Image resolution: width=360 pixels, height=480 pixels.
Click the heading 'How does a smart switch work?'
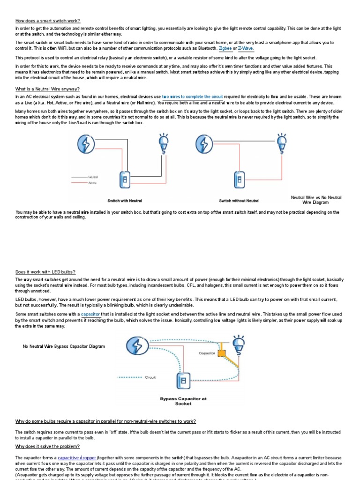point(48,21)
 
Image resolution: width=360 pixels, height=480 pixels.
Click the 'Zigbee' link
point(225,48)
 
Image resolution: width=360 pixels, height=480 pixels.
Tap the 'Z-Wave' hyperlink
point(246,48)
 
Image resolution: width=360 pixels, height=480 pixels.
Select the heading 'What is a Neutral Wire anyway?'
point(47,89)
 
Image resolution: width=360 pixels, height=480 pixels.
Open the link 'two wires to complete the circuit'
point(192,96)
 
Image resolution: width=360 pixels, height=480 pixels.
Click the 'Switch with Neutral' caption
point(124,201)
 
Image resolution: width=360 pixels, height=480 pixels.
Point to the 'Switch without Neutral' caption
point(239,201)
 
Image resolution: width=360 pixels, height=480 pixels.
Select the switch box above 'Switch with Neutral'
point(125,180)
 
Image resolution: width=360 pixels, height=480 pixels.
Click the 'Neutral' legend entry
point(93,177)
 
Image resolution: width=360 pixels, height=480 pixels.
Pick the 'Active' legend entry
point(92,182)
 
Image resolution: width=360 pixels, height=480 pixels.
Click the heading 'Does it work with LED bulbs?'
point(45,272)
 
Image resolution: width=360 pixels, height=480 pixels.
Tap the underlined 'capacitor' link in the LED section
point(90,314)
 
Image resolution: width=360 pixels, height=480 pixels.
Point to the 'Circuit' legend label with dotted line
point(150,377)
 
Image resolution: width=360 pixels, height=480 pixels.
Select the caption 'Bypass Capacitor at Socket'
point(183,401)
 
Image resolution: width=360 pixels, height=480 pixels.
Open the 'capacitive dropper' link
point(77,458)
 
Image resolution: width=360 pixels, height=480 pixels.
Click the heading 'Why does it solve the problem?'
point(47,446)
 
